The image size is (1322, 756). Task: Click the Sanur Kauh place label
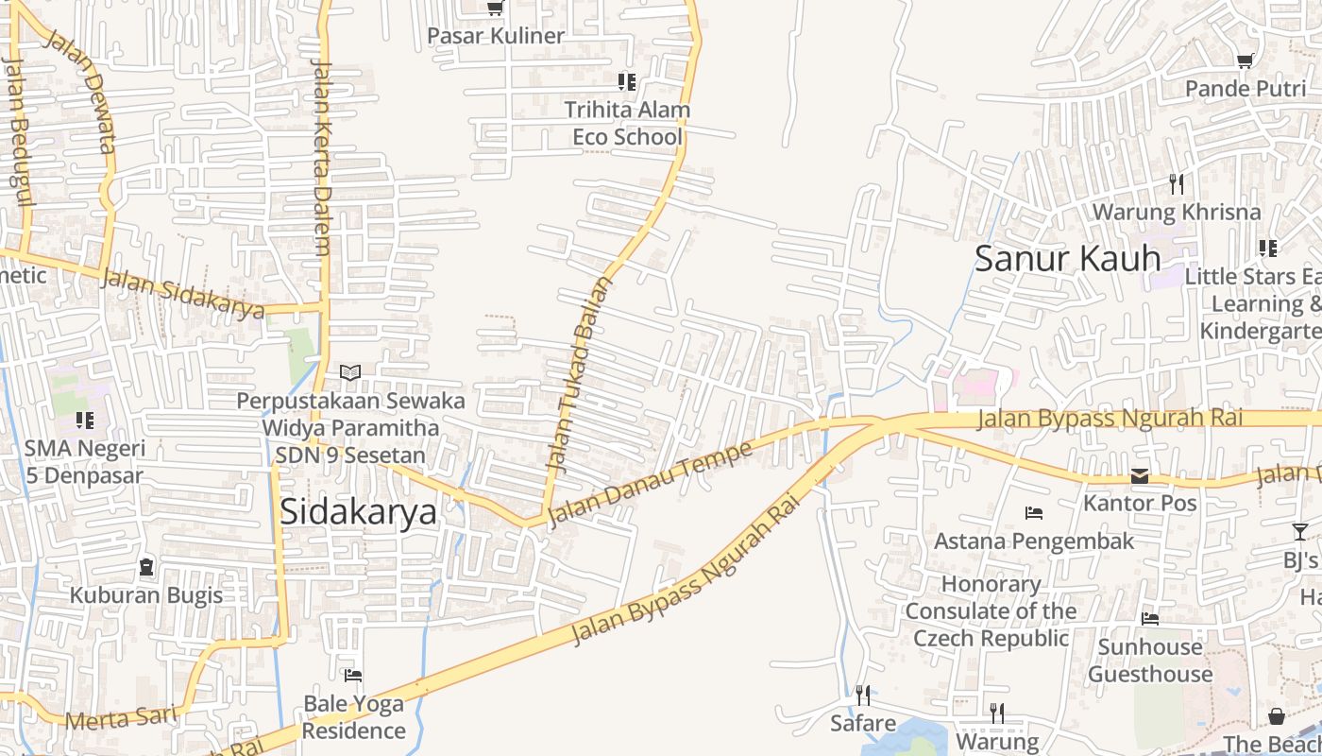coord(1067,258)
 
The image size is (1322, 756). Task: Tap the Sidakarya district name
coord(359,511)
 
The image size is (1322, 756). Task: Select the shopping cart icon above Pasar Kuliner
coord(495,9)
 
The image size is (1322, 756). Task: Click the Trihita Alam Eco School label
coord(627,123)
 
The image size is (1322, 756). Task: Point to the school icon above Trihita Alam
coord(627,82)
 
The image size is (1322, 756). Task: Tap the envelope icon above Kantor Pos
coord(1141,476)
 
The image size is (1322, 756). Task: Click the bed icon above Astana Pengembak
coord(1034,513)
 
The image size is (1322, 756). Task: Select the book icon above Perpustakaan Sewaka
coord(350,373)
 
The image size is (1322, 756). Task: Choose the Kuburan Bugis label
coord(146,595)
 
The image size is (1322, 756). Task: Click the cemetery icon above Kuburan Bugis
coord(146,567)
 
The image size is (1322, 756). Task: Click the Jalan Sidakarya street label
coord(182,294)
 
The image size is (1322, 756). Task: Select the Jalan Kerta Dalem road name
coord(321,158)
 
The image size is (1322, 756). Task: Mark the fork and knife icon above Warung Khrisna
coord(1177,182)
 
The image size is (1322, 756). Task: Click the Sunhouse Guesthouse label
coord(1150,661)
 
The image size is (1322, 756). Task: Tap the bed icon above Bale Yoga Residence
coord(353,676)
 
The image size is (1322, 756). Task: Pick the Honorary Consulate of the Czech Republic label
coord(991,610)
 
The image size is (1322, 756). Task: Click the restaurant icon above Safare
coord(863,696)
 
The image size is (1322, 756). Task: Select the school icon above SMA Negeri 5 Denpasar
coord(85,420)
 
